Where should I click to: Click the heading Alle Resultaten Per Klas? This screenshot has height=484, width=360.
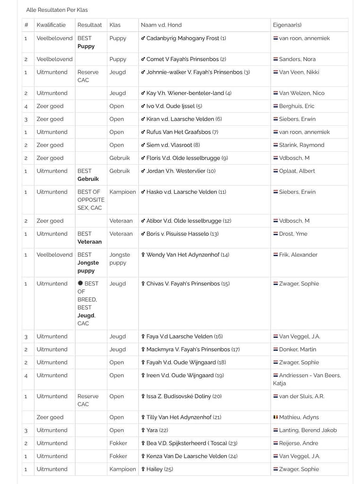point(57,10)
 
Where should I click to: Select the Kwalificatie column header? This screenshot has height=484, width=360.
point(51,25)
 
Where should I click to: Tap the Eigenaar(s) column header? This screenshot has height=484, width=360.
point(287,25)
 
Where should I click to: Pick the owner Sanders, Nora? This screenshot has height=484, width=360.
point(297,59)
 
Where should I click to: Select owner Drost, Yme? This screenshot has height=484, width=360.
point(293,233)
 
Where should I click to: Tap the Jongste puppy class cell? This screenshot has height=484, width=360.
point(120,259)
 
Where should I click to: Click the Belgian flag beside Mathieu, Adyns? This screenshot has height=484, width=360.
point(275,417)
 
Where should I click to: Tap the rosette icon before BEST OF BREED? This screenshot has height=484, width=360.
point(80,284)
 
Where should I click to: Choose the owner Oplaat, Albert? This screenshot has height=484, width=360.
point(297,171)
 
